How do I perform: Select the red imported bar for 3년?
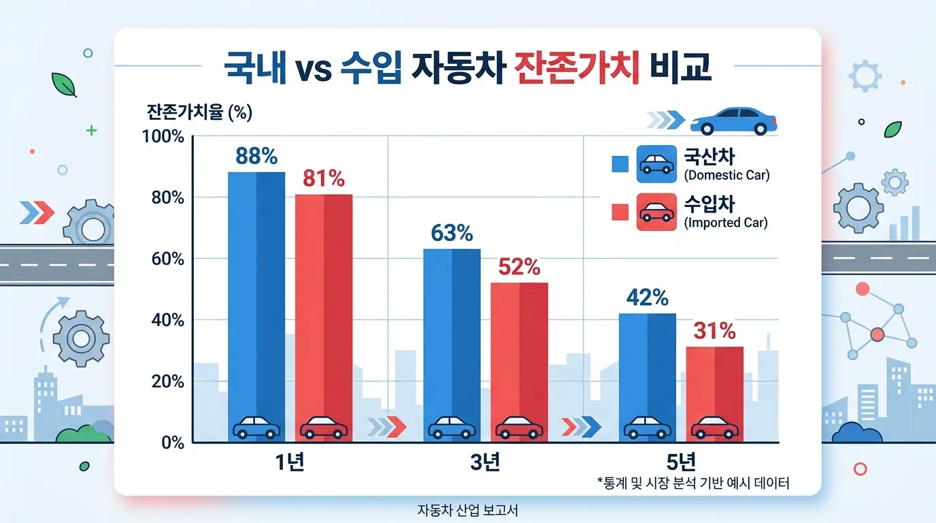click(x=519, y=354)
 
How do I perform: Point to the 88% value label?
click(x=256, y=157)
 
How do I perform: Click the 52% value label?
click(x=519, y=267)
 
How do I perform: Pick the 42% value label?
click(x=647, y=298)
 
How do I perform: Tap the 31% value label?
click(x=714, y=331)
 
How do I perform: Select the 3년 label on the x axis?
click(x=486, y=462)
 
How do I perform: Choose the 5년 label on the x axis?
click(x=681, y=462)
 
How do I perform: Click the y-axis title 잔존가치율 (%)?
click(x=199, y=112)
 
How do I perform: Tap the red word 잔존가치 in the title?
click(x=578, y=69)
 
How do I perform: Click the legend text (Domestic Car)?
click(x=726, y=176)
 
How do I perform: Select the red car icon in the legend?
click(x=656, y=212)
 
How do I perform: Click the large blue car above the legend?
click(x=733, y=121)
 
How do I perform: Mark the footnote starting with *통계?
click(x=693, y=484)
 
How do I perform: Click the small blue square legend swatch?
click(x=619, y=163)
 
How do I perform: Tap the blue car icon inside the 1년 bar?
click(x=256, y=428)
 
